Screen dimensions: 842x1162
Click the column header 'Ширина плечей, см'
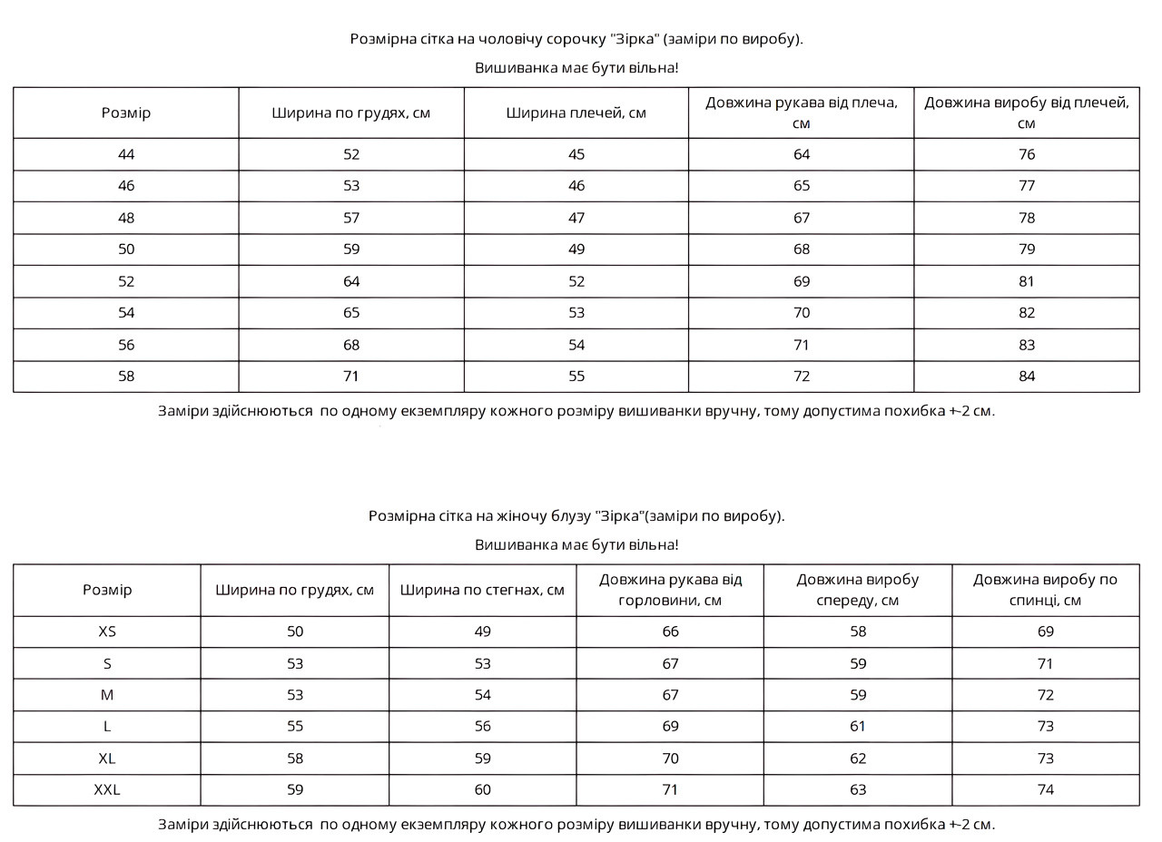576,113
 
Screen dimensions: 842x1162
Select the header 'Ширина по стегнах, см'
482,590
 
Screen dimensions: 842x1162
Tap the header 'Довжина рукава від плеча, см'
802,113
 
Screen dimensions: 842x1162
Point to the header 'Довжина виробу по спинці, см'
1045,590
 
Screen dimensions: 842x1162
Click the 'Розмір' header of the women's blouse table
107,590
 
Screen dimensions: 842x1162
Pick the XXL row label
107,789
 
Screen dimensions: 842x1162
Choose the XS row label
107,631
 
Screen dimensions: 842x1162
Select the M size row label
107,695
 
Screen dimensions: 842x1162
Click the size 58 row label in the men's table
126,377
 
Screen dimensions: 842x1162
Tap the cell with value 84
1027,377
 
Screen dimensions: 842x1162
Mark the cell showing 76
1027,154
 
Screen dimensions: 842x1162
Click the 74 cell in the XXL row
1046,789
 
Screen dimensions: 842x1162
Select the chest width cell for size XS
295,631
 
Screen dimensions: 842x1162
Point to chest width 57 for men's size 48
351,218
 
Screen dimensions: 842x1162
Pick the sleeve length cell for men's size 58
802,377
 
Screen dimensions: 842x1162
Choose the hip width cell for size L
482,727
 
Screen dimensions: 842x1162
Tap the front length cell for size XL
858,759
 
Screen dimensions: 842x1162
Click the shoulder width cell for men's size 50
576,250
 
